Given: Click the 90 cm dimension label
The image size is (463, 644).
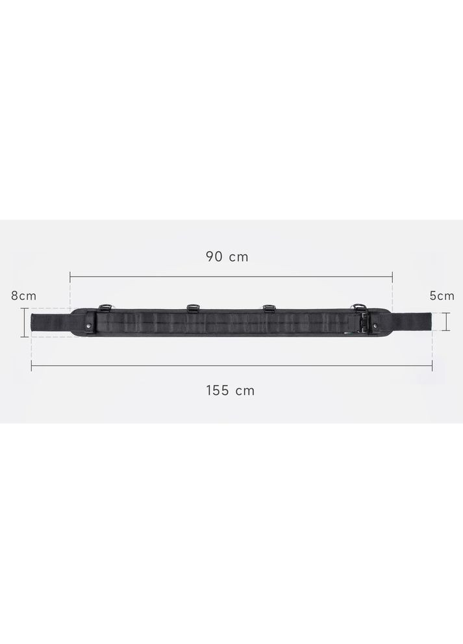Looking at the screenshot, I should pos(227,256).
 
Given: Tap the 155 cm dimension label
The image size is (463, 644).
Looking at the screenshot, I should pos(231,390).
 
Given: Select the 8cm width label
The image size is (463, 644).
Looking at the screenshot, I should pos(23,295).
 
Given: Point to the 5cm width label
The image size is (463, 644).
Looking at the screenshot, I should pos(442,295).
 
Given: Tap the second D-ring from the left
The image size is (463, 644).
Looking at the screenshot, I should pos(192,308).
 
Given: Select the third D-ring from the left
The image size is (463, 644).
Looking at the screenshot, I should pos(268,308).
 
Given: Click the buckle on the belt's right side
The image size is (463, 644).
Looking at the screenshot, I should pos(364,323).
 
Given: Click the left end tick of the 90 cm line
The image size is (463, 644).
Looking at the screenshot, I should pos(70,275).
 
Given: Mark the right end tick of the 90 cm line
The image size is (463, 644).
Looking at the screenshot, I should pos(392,275).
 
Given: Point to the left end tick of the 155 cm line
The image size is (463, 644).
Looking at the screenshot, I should pos(31,366).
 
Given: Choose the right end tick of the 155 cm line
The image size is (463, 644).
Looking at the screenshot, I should pos(432,366).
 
